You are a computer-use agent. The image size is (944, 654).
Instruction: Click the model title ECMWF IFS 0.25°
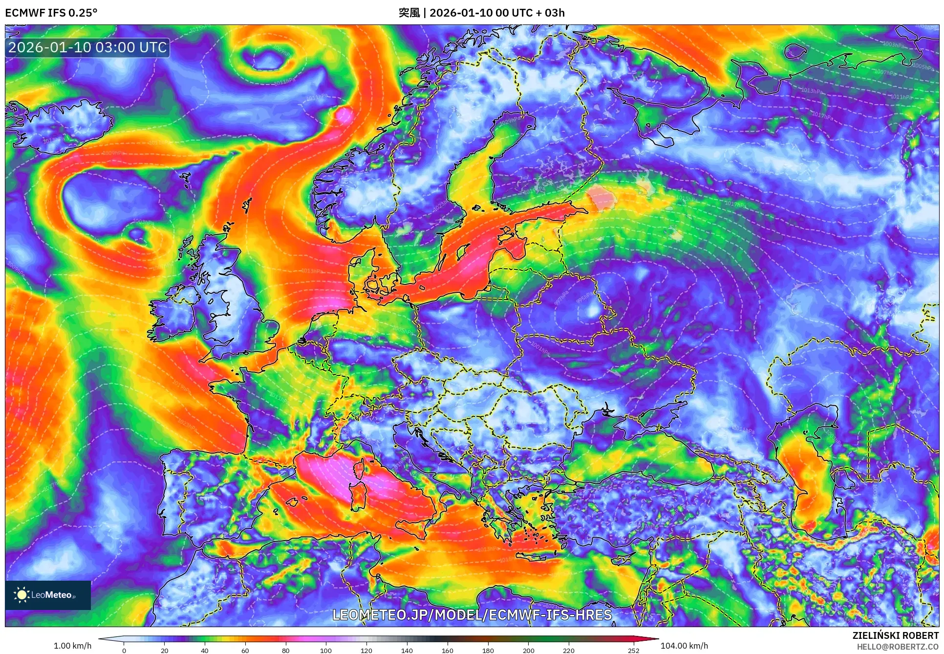(51, 13)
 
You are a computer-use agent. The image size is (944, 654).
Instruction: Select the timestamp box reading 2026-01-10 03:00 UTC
(87, 47)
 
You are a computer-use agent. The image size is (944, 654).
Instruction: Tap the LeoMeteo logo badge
(48, 595)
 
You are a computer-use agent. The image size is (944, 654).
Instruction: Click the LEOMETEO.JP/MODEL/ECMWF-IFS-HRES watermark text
(472, 614)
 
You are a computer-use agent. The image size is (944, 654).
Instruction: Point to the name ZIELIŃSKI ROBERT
(895, 635)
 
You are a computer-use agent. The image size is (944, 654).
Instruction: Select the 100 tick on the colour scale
(326, 650)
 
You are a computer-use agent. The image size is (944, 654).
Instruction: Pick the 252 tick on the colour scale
(633, 650)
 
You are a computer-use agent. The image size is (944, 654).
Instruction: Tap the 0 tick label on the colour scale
(124, 650)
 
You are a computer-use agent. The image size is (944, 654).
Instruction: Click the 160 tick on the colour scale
(447, 650)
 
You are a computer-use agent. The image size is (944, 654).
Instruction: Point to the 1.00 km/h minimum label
(72, 646)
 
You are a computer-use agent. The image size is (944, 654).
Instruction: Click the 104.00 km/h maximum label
(684, 646)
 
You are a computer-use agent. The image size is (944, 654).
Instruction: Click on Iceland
(59, 125)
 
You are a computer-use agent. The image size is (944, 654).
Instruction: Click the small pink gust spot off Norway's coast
(343, 115)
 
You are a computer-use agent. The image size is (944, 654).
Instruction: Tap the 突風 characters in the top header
(408, 13)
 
